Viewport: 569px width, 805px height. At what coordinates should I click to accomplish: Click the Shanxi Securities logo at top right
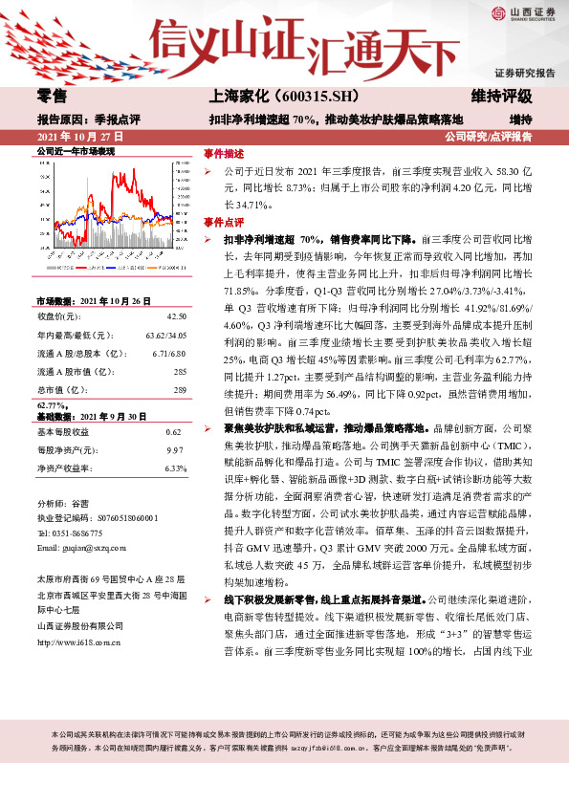tap(524, 13)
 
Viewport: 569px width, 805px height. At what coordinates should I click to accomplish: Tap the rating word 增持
tap(520, 120)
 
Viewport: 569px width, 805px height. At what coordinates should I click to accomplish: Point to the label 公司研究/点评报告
tap(489, 137)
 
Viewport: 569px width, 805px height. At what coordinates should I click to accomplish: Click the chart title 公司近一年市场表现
tap(76, 152)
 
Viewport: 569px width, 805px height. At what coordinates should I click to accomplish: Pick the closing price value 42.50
tap(175, 315)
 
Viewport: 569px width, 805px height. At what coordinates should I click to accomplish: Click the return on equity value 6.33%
tap(174, 469)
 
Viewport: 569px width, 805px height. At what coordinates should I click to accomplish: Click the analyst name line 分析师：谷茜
tap(63, 502)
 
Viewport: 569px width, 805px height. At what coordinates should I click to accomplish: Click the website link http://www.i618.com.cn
tap(78, 642)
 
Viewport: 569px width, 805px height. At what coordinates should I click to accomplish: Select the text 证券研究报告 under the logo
tap(525, 74)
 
